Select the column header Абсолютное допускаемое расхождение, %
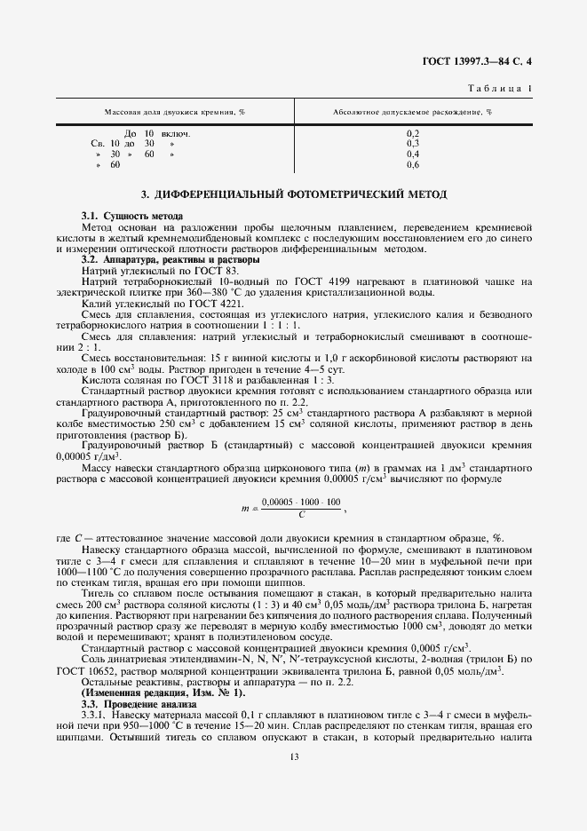click(x=411, y=113)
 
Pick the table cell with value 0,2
click(x=412, y=133)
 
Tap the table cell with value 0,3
click(x=412, y=143)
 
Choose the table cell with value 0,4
click(x=412, y=154)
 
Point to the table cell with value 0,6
click(x=412, y=164)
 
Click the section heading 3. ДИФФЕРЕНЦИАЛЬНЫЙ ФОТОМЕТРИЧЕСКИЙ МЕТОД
click(x=294, y=194)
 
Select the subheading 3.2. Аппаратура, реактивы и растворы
click(x=171, y=260)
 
